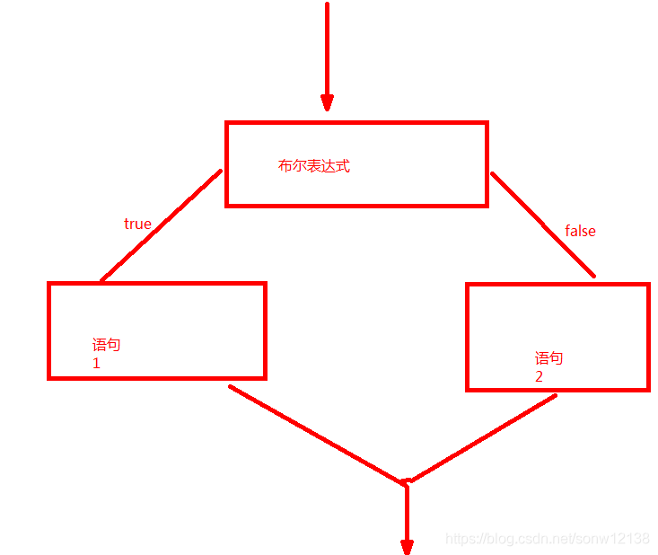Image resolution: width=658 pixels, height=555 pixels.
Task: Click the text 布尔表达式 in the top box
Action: [x=313, y=166]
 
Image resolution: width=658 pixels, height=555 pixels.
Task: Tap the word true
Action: [x=137, y=224]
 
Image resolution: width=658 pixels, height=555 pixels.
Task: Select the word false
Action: [x=580, y=231]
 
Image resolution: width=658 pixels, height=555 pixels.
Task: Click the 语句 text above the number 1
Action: [x=106, y=345]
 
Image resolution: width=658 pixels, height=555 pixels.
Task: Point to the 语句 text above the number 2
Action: [x=548, y=358]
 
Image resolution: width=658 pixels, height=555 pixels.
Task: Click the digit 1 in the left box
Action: [x=96, y=364]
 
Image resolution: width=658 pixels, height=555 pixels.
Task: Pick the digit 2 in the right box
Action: [x=539, y=377]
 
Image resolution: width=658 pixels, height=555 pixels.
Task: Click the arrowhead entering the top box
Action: [x=327, y=101]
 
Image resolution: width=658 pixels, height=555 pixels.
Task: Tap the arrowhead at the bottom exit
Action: [x=407, y=546]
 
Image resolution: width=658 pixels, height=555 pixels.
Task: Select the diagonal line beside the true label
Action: [x=162, y=225]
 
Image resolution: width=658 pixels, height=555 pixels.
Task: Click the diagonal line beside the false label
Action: [x=542, y=224]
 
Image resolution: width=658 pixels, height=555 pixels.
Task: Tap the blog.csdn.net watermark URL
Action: [x=548, y=539]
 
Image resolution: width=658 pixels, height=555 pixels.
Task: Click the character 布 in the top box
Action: [x=285, y=166]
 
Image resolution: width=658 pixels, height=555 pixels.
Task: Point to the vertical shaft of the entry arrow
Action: [x=327, y=45]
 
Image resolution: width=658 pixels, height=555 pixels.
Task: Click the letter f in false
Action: [x=567, y=231]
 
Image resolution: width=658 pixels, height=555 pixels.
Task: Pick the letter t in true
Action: [x=127, y=224]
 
